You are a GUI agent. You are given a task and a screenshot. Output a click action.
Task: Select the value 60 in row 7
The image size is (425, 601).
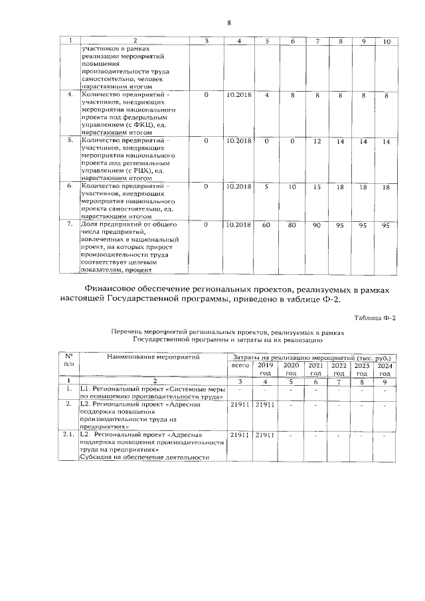click(x=266, y=225)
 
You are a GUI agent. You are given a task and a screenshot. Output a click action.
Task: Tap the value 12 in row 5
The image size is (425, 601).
click(x=317, y=141)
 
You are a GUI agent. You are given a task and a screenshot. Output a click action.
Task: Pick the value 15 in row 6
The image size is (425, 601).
click(x=317, y=187)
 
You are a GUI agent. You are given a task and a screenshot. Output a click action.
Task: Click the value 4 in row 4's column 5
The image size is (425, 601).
click(x=266, y=95)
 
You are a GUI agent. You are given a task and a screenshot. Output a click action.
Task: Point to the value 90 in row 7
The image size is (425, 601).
click(x=317, y=225)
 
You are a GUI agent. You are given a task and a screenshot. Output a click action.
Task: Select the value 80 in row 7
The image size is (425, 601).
click(x=292, y=225)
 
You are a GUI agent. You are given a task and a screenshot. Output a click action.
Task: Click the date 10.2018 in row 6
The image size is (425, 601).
click(x=239, y=187)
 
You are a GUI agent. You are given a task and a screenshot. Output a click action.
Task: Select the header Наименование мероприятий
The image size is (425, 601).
click(x=150, y=357)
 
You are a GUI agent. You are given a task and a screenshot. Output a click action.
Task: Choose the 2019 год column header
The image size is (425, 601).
click(x=266, y=369)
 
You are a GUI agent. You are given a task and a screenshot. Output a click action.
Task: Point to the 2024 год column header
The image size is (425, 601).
click(x=384, y=369)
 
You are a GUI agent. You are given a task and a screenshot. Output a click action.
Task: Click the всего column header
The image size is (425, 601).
click(x=240, y=366)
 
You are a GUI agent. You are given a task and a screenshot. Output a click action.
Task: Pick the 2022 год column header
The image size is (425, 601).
click(x=339, y=369)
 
